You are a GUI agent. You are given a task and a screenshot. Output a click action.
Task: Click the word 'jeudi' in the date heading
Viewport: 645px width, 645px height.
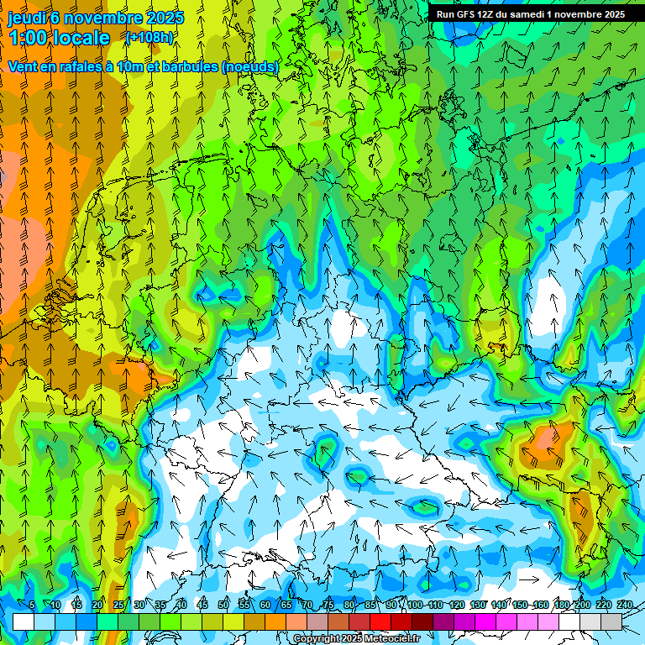[28, 18]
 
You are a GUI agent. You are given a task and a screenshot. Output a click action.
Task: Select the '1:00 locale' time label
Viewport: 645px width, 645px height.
[59, 38]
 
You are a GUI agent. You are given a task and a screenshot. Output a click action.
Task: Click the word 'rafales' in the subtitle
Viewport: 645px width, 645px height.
[84, 66]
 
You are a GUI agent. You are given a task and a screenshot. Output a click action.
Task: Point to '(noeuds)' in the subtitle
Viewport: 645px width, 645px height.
[249, 66]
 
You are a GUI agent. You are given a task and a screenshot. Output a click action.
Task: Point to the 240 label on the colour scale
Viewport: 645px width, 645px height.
[624, 606]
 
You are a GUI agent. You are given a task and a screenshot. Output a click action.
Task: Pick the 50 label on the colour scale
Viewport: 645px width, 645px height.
[223, 606]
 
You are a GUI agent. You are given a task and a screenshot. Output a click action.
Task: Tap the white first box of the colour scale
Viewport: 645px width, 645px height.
[24, 621]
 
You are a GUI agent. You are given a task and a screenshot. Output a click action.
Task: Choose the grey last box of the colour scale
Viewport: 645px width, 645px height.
[611, 621]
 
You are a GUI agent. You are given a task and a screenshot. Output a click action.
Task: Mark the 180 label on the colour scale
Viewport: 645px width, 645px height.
[561, 606]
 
